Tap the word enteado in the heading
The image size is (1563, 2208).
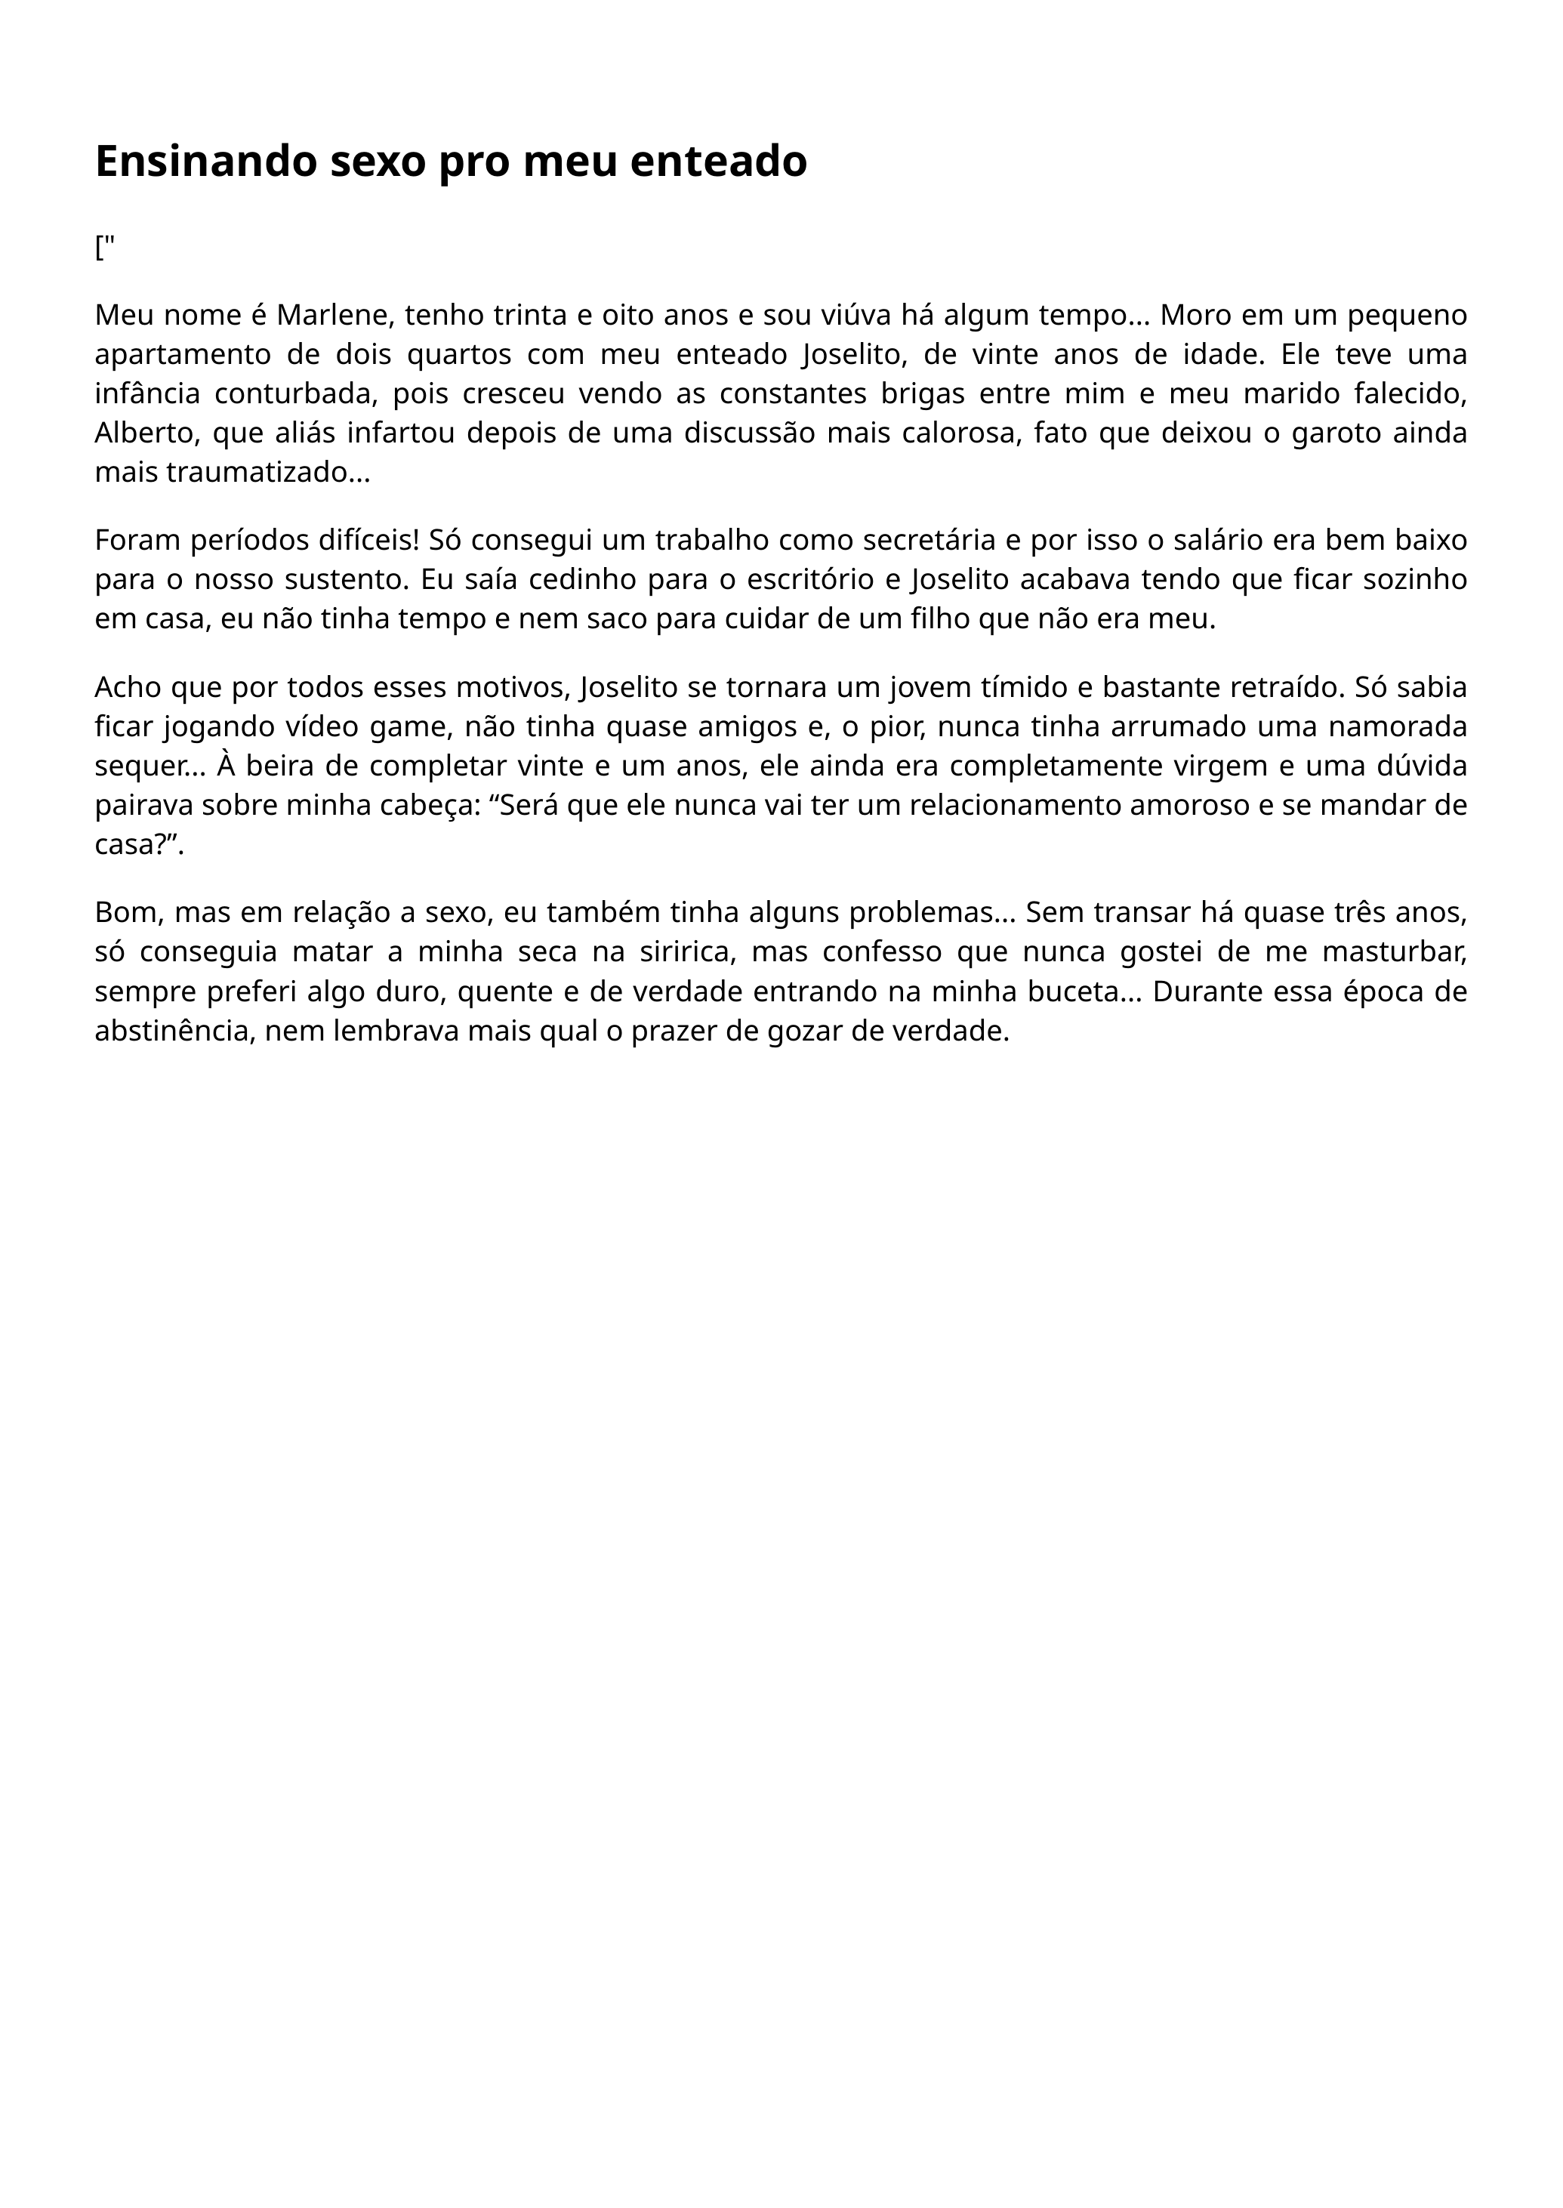[x=718, y=162]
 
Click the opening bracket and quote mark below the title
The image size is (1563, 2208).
[x=104, y=248]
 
